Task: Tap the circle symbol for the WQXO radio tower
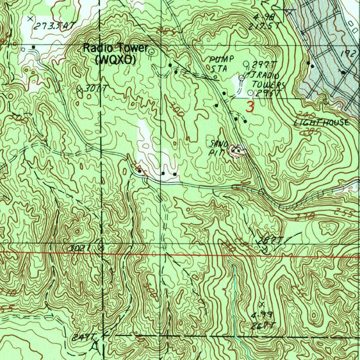point(152,52)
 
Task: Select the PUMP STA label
point(221,63)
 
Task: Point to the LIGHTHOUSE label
point(322,123)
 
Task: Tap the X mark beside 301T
point(79,90)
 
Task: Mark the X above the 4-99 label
point(261,303)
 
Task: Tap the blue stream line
point(233,299)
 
